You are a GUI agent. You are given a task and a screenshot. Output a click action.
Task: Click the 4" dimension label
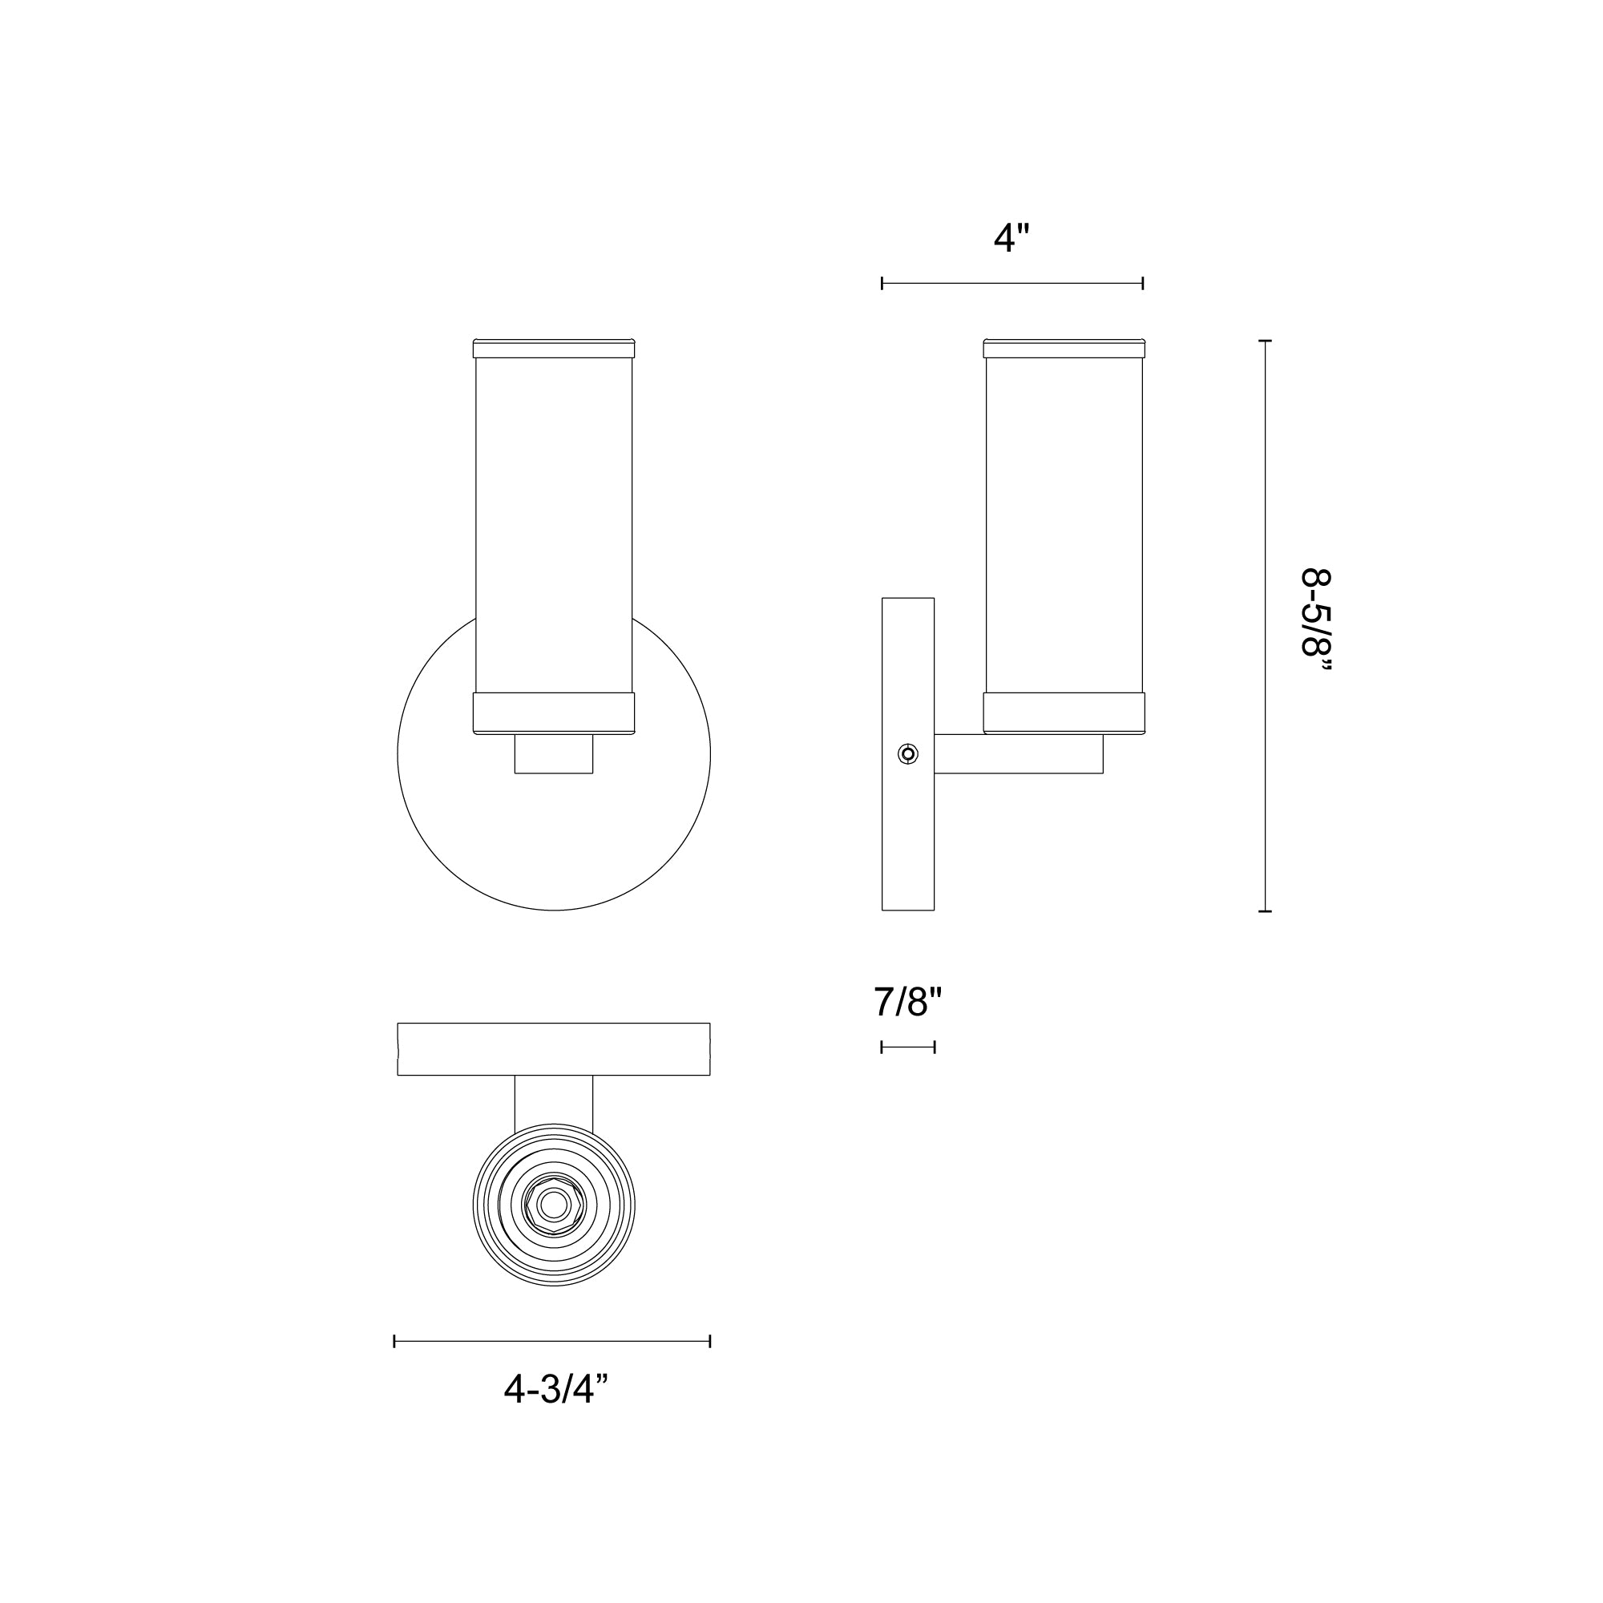click(1011, 239)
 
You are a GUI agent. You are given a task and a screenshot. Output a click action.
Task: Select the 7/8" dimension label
click(908, 1003)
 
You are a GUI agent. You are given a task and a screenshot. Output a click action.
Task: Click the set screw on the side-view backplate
click(908, 754)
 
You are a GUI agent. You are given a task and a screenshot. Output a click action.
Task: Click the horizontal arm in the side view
click(1018, 754)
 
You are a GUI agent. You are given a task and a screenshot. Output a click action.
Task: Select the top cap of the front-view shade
click(553, 349)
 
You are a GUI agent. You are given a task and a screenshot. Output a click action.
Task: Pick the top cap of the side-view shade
click(1064, 349)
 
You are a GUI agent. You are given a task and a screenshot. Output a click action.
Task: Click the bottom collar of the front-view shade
click(553, 713)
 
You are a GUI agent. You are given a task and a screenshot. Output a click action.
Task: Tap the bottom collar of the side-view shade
click(1064, 713)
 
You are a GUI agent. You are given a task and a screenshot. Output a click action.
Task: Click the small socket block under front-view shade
click(553, 754)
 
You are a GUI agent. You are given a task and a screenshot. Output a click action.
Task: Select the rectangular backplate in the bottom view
click(553, 1050)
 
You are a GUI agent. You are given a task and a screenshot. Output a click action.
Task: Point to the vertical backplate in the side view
click(908, 830)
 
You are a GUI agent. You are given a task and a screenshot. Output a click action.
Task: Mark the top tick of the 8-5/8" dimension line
click(1265, 341)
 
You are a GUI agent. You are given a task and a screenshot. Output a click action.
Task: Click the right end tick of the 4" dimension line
click(1142, 284)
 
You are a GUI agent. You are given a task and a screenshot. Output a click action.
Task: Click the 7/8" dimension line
click(908, 1047)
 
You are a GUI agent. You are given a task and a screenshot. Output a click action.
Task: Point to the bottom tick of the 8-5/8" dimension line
click(1265, 912)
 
